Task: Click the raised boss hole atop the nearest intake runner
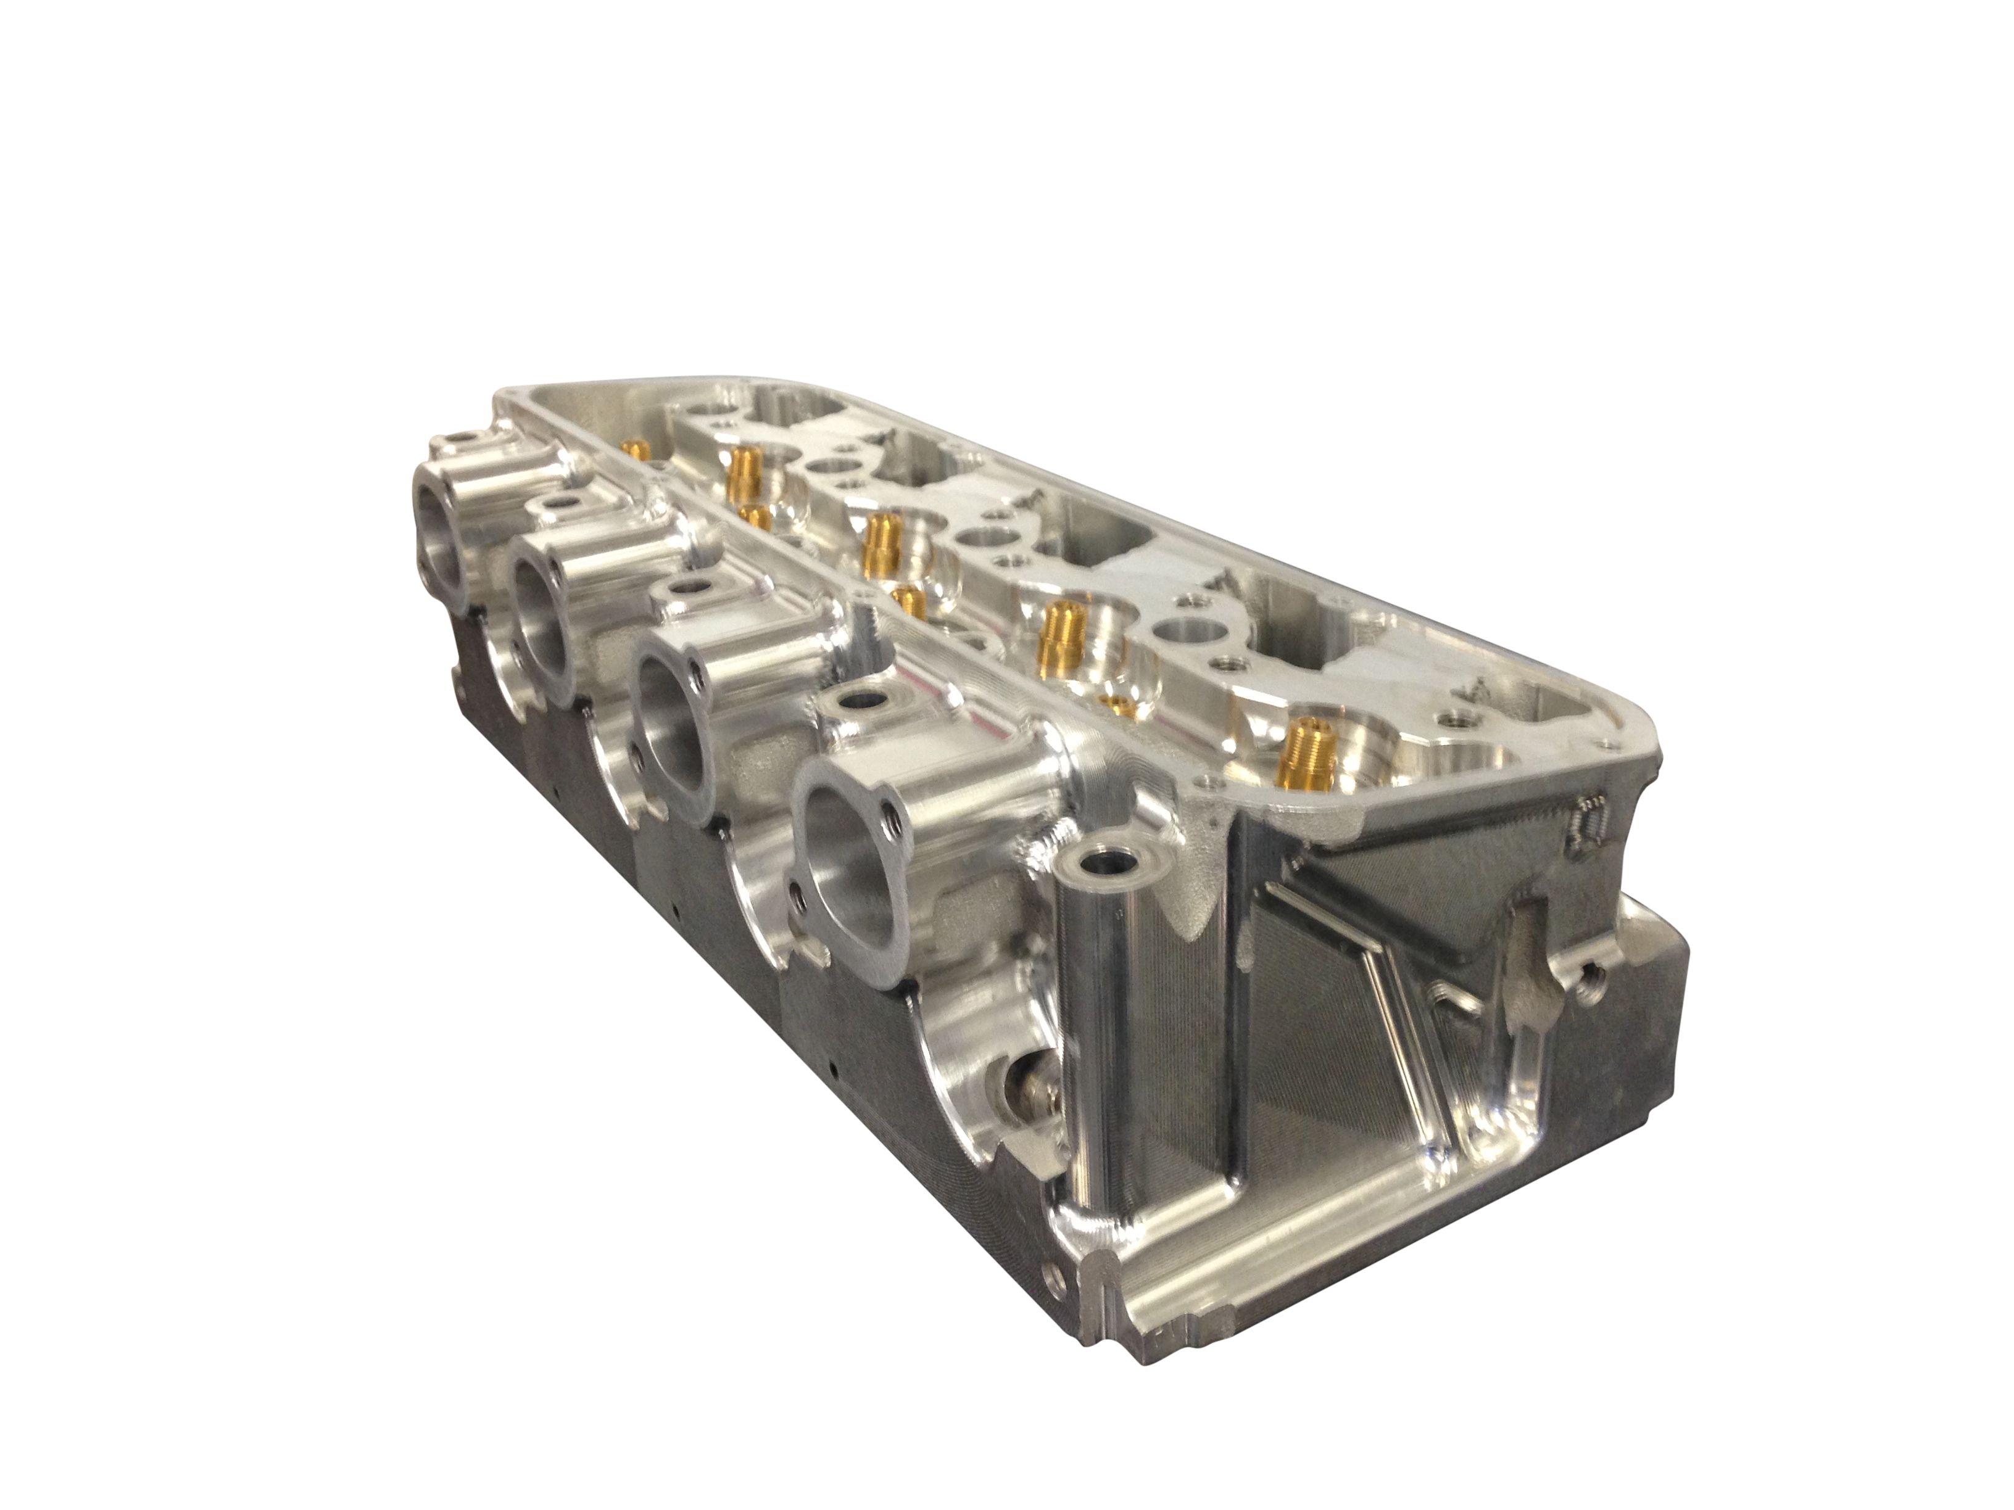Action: click(858, 703)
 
